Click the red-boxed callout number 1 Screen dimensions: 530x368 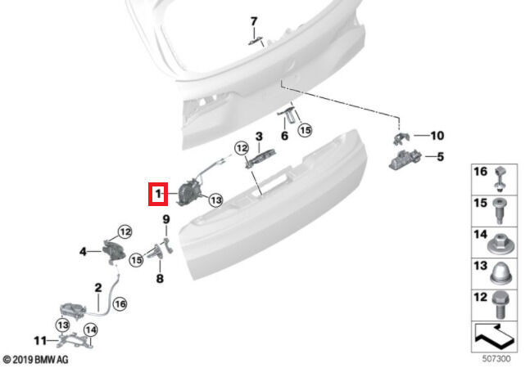coord(158,194)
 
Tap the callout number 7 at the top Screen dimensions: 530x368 coord(254,21)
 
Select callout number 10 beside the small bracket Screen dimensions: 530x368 coord(437,136)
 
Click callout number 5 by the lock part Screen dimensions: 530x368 coord(440,157)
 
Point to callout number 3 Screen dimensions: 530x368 coord(259,137)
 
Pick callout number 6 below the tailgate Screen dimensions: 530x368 coord(284,136)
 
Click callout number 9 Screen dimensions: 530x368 coord(166,220)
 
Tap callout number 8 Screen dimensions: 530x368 coord(160,279)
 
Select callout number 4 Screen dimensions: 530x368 coord(84,252)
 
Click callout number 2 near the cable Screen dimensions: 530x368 coord(98,288)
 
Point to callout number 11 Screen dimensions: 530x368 coord(40,341)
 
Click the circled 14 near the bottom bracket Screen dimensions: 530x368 coord(91,330)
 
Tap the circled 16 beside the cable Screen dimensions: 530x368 coord(120,304)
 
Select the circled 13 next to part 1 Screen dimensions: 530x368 coord(216,200)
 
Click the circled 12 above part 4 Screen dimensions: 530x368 coord(125,232)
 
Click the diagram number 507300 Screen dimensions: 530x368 coord(496,358)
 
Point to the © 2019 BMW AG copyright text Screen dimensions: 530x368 coord(35,360)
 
